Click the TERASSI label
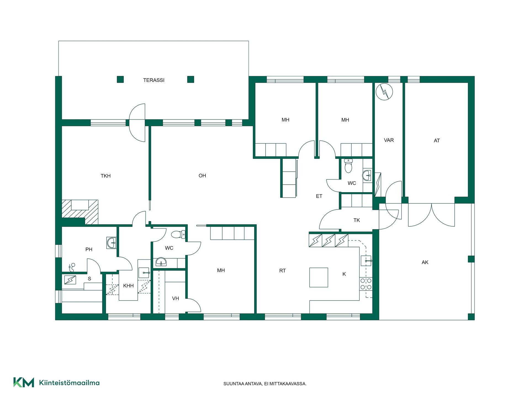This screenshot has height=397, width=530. click(x=154, y=80)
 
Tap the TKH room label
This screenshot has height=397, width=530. click(x=105, y=176)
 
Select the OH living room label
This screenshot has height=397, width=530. click(x=202, y=176)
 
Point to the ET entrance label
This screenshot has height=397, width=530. click(x=319, y=196)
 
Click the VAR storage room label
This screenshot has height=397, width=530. click(x=389, y=140)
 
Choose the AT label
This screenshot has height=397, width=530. click(x=437, y=141)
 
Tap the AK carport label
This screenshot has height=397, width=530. click(x=425, y=262)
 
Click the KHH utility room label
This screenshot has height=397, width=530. click(x=128, y=286)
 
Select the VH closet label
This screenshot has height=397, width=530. click(x=176, y=299)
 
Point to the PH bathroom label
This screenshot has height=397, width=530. click(x=89, y=250)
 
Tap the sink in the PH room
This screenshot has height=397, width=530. click(x=112, y=243)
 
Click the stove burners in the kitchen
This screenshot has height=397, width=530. click(x=366, y=284)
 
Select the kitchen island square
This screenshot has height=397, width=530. click(x=319, y=277)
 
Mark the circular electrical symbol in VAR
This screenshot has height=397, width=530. click(x=384, y=92)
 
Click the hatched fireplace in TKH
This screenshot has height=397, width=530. click(x=80, y=212)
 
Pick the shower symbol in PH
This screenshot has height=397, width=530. click(x=72, y=267)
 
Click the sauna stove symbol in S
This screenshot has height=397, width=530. click(x=70, y=280)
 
